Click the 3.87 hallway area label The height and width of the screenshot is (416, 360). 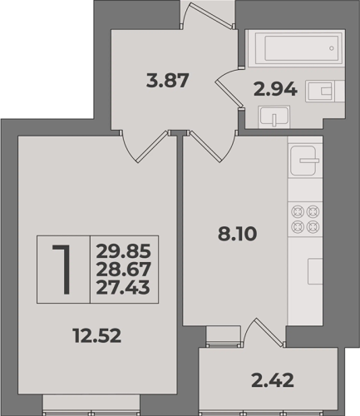click(x=167, y=81)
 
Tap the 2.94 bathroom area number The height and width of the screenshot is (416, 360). click(x=275, y=90)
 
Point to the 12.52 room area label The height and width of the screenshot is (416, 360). click(x=97, y=335)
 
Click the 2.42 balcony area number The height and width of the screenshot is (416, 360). click(x=273, y=380)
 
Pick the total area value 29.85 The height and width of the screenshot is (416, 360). click(x=124, y=251)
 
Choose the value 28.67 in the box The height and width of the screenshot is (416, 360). click(x=124, y=269)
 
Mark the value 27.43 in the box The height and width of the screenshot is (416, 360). click(x=123, y=287)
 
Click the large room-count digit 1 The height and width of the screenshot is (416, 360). click(x=62, y=269)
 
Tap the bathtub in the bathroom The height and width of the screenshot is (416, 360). click(x=297, y=48)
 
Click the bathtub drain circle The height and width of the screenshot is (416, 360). click(x=332, y=48)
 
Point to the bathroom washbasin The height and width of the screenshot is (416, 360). click(x=274, y=116)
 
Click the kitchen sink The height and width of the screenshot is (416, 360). click(x=304, y=161)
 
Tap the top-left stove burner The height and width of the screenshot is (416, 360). click(x=298, y=212)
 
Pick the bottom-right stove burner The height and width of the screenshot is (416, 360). click(x=313, y=227)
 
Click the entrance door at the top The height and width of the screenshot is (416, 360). click(x=207, y=15)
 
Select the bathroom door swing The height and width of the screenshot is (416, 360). click(x=229, y=87)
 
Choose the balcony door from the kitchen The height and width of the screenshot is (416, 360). click(x=265, y=332)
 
